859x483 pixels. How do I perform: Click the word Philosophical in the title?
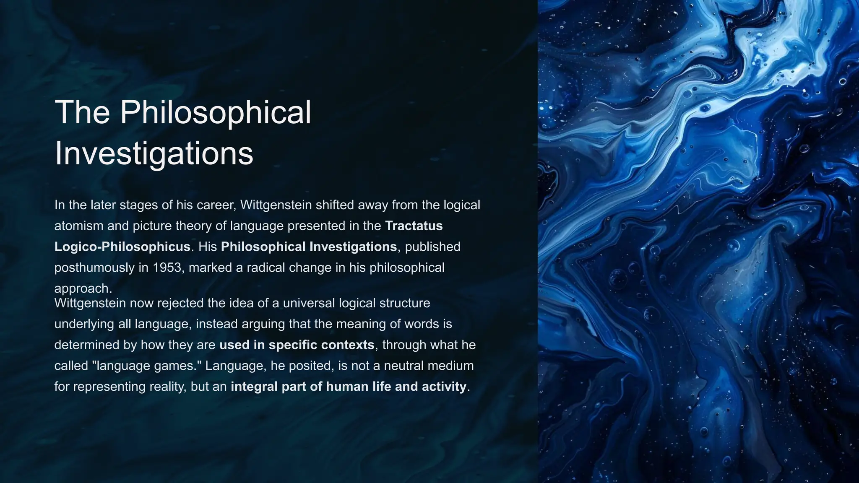[x=216, y=112]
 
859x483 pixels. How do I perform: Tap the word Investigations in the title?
[x=154, y=153]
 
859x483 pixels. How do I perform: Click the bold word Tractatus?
[x=414, y=226]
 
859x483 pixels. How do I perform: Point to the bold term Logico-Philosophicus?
[x=122, y=247]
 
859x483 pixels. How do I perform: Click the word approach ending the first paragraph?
[x=83, y=288]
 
